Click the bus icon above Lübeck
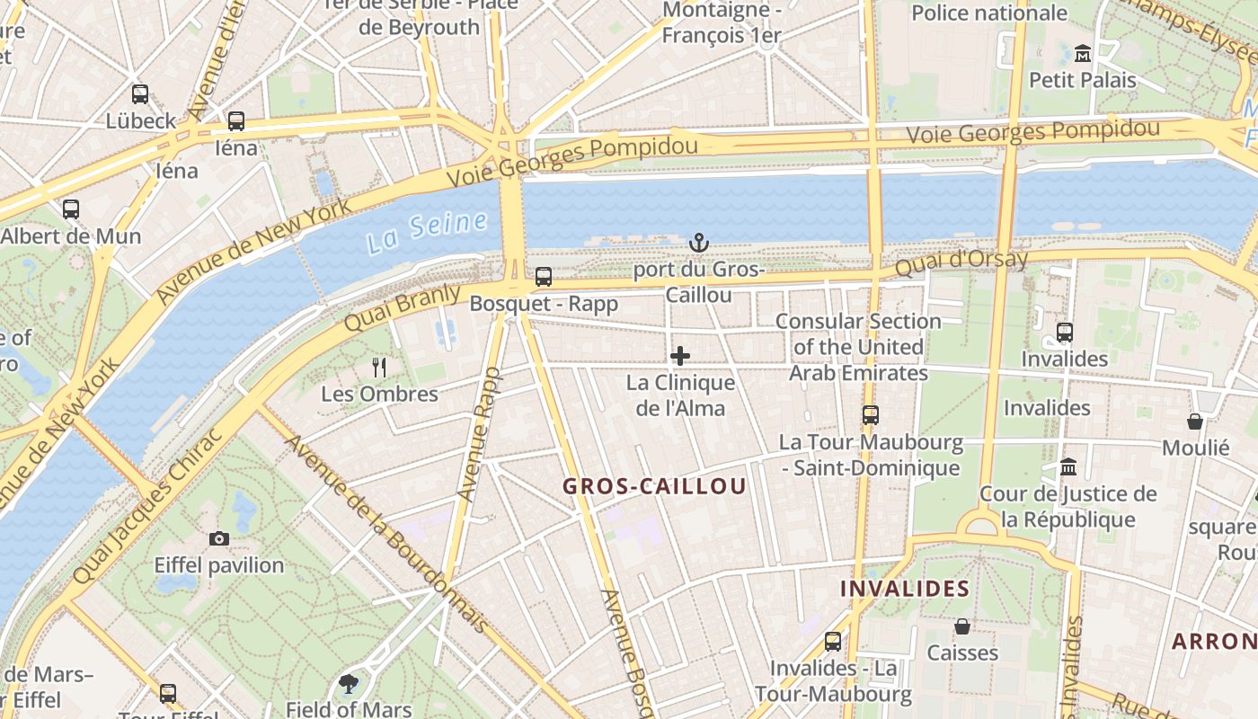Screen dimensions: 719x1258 click(139, 93)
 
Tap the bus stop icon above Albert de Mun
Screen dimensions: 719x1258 click(71, 209)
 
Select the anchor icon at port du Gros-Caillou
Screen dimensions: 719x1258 click(698, 243)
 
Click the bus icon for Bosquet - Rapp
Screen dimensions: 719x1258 click(544, 277)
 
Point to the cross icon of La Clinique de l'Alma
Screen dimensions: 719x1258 click(680, 356)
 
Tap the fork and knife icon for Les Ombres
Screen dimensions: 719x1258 click(379, 367)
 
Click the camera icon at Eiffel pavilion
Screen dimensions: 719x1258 click(218, 539)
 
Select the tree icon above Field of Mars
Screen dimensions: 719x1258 click(349, 684)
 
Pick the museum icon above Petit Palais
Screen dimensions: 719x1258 click(1083, 53)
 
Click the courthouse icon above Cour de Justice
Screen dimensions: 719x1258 click(1068, 467)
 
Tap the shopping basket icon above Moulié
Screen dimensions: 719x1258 click(1195, 421)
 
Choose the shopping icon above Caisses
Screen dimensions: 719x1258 click(962, 626)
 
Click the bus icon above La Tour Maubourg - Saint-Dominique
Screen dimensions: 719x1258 click(870, 415)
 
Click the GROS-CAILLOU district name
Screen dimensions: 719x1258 click(654, 486)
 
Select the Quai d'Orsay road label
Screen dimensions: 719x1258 click(961, 262)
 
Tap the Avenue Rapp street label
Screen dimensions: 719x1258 click(479, 434)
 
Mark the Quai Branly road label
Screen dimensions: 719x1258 click(402, 307)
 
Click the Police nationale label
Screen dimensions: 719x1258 click(989, 13)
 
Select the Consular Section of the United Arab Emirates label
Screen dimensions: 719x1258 click(858, 347)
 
